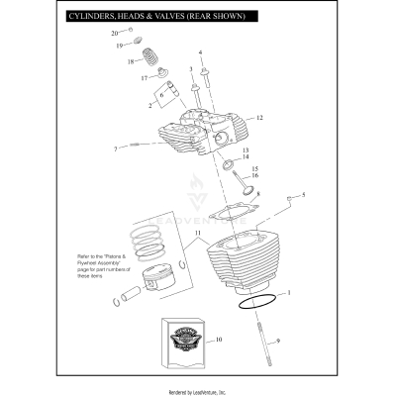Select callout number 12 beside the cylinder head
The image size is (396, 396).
tap(258, 118)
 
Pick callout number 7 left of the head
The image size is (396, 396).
tap(115, 149)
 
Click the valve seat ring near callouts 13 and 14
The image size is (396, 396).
tap(227, 164)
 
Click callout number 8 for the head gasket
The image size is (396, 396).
tap(258, 195)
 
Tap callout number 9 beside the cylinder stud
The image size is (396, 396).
tap(279, 342)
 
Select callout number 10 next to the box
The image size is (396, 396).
tap(219, 341)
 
